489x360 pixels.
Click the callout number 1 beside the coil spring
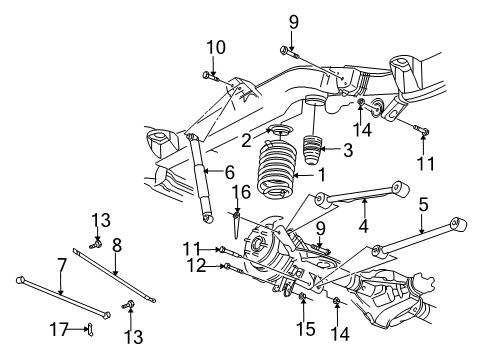tap(323, 173)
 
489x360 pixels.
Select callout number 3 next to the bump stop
tap(348, 151)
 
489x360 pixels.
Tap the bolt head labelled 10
tap(206, 74)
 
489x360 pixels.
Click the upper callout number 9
tap(294, 21)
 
